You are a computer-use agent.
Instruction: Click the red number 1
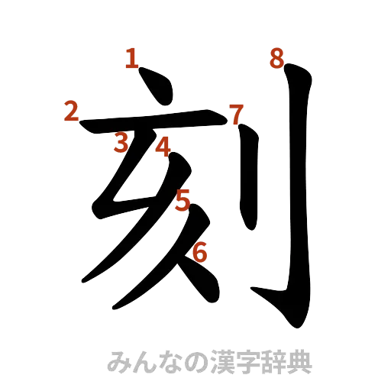(x=132, y=58)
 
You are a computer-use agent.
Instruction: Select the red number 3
(x=120, y=141)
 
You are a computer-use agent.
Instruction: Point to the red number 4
(x=161, y=146)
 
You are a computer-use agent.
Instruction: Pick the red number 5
(x=182, y=201)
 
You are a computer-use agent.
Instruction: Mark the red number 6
(x=200, y=251)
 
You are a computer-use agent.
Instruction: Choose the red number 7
(x=235, y=115)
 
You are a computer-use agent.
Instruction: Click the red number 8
(x=276, y=58)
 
